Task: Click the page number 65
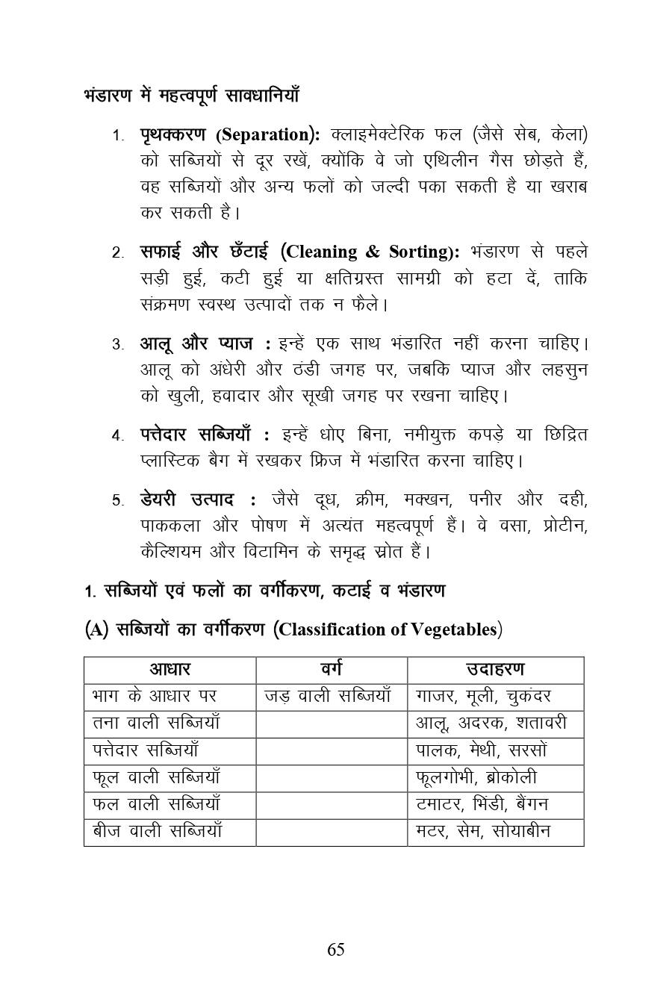[x=335, y=950]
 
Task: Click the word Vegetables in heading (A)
[x=453, y=629]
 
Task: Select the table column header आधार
[x=169, y=670]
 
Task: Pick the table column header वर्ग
[x=331, y=670]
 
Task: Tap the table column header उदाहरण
[x=495, y=670]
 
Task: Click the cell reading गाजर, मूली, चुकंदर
[x=483, y=697]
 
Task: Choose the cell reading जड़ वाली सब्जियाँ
[x=328, y=697]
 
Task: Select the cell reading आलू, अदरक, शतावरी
[x=491, y=724]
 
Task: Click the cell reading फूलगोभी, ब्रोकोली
[x=476, y=778]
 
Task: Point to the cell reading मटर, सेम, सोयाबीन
[x=483, y=832]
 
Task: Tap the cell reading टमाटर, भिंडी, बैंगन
[x=482, y=805]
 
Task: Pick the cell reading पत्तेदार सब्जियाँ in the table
[x=146, y=750]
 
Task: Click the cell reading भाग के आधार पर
[x=155, y=697]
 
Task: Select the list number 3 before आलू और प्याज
[x=118, y=345]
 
